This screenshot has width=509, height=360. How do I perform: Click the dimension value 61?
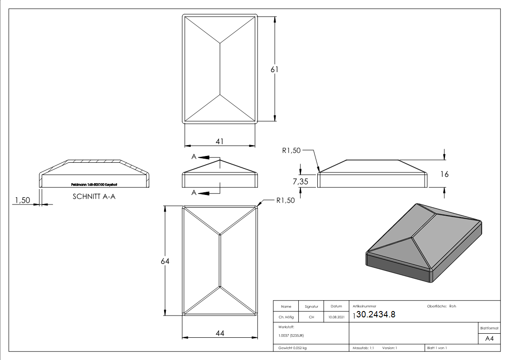coord(274,69)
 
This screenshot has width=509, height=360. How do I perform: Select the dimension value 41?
coord(219,141)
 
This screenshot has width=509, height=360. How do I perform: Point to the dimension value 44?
coord(220,333)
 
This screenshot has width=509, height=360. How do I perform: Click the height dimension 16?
coord(444,174)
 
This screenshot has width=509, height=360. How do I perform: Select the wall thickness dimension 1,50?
coord(22,200)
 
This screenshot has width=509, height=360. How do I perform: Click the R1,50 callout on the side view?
coord(291,151)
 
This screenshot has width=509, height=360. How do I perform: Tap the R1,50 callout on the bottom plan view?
coord(286,200)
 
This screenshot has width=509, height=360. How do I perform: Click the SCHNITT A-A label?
coord(94,197)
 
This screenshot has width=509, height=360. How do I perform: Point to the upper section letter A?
coord(194,157)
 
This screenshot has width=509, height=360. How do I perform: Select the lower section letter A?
coord(194,193)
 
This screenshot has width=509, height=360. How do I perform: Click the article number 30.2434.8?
coord(376,315)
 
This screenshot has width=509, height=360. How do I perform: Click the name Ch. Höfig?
coord(286,317)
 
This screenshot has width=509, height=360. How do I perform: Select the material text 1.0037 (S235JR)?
coord(291,335)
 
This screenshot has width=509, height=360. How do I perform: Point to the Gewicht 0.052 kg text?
coord(293,348)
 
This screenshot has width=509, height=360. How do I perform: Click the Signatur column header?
coord(311,306)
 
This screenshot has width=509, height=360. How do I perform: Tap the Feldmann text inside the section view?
coord(94,185)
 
